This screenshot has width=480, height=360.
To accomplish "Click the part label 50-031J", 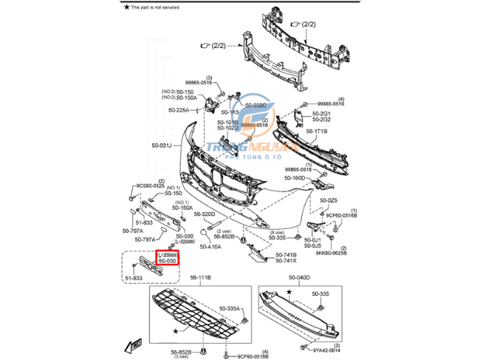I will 161,146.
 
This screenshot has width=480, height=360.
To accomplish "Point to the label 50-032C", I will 256,105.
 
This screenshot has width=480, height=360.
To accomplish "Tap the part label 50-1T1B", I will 317,131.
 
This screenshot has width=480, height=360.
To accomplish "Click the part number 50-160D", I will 295,178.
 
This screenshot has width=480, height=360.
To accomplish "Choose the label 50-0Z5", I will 329,200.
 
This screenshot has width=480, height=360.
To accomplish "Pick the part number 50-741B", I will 286,254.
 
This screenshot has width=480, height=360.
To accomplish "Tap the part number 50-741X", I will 286,261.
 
